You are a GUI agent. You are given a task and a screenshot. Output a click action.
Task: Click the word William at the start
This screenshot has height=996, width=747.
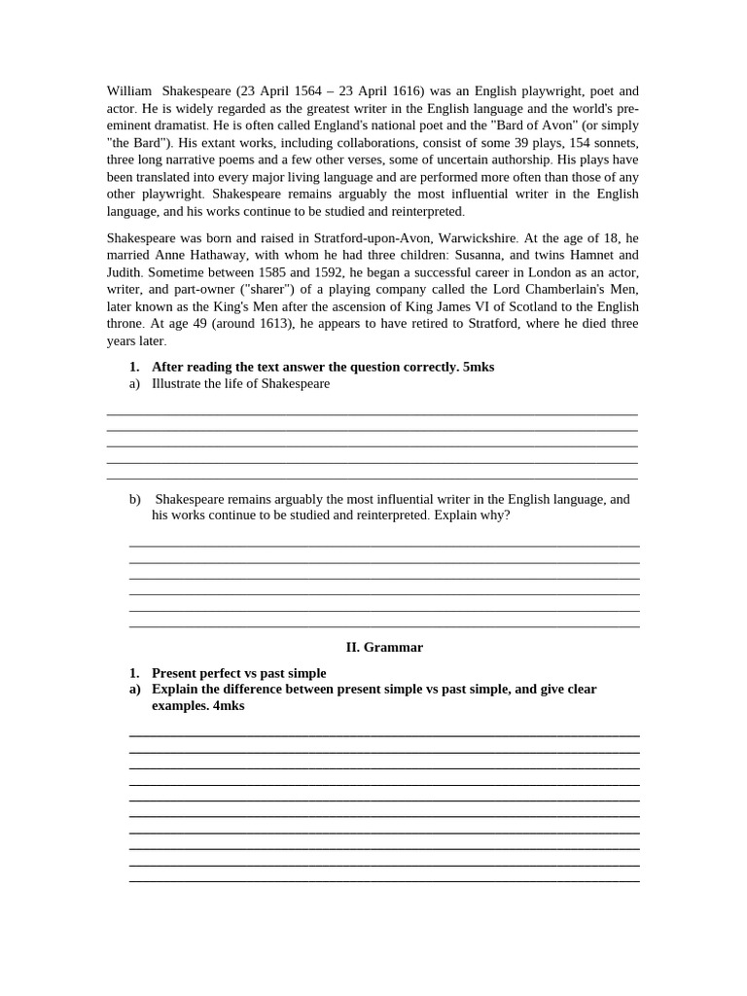[x=128, y=91]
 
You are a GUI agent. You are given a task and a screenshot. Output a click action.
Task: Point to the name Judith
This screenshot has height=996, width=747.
[x=124, y=272]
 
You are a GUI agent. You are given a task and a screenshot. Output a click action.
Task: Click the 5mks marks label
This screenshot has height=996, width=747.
[x=478, y=367]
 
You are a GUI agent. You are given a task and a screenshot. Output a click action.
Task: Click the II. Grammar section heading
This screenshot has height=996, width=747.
[x=384, y=647]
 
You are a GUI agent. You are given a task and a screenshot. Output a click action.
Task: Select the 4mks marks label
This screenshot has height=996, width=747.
[x=228, y=705]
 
